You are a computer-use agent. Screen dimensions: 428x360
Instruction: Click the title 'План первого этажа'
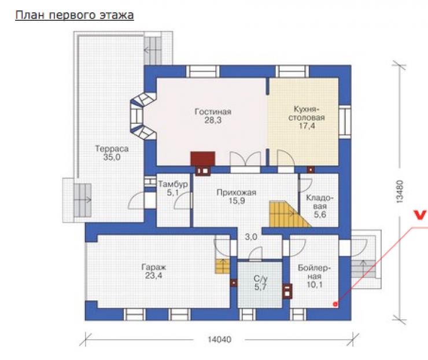[74, 15]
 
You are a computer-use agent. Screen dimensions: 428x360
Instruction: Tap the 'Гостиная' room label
[213, 112]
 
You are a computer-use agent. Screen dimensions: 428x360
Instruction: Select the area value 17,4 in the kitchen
[307, 126]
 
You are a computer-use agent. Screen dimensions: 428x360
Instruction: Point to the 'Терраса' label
[112, 149]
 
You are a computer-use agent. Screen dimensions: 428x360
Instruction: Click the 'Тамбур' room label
[173, 184]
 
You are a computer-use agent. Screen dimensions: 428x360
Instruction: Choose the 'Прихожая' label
[237, 193]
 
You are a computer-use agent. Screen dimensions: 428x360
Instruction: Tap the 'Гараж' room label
[153, 267]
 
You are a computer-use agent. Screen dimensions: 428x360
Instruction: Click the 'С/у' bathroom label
[260, 279]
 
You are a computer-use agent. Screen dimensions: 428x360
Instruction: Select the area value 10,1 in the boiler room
[315, 285]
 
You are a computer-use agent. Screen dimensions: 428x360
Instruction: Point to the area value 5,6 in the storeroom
[320, 214]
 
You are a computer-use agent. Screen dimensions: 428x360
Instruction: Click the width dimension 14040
[219, 340]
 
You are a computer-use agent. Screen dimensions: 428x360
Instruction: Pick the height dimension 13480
[399, 191]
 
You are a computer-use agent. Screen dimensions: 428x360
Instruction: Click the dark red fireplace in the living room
[203, 159]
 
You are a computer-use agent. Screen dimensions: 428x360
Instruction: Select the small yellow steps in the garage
[223, 266]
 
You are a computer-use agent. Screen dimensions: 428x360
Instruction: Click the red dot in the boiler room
[335, 304]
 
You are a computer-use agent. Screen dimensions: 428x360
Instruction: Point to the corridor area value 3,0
[251, 237]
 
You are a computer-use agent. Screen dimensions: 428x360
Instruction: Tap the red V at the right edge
[420, 215]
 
